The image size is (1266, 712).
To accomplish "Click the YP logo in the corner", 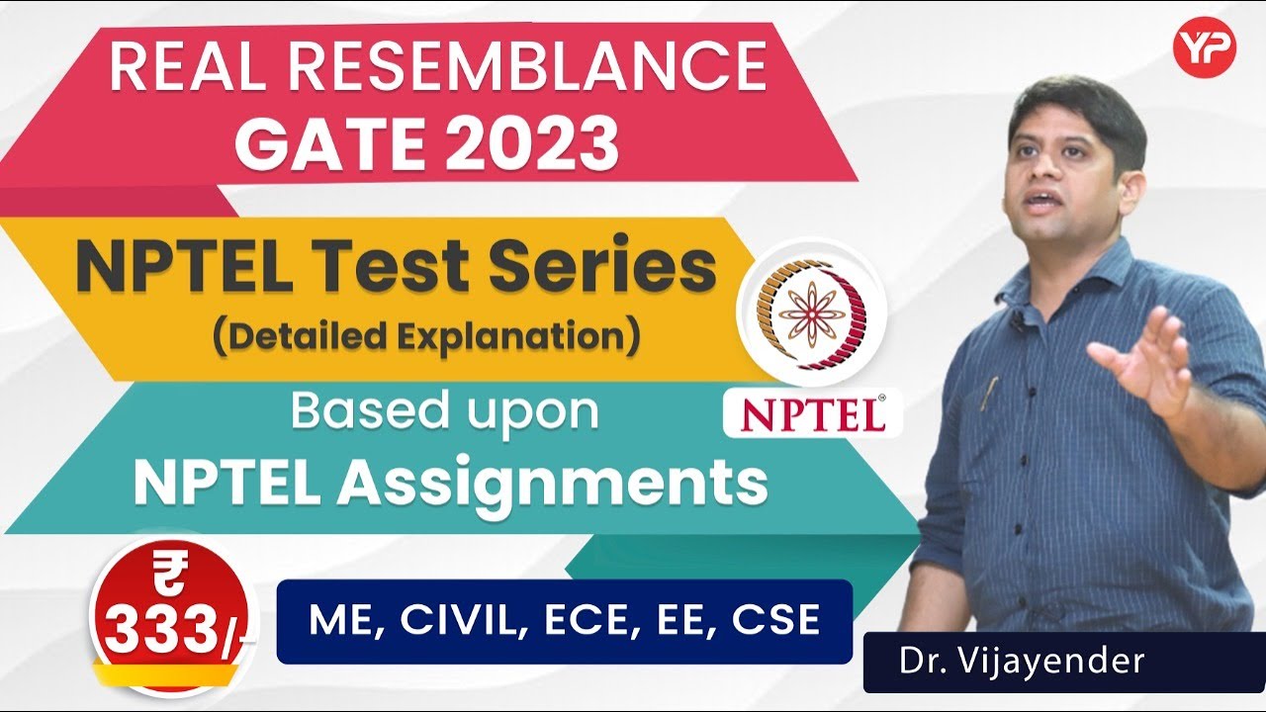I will (1204, 48).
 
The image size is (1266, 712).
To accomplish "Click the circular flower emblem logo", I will (812, 312).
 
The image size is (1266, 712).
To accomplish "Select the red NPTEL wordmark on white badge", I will (812, 414).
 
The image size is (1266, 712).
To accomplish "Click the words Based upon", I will (444, 411).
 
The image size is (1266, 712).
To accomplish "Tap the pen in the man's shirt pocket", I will (986, 393).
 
